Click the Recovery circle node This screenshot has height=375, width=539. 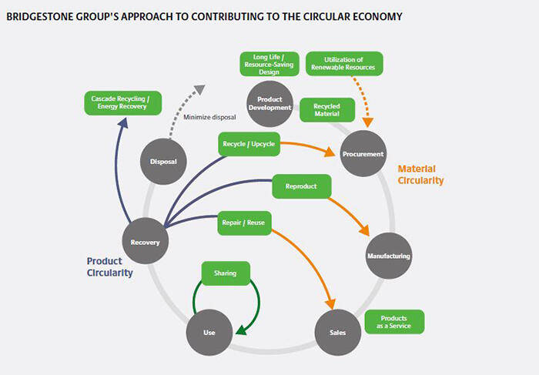(146, 243)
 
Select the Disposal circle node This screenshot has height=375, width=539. (163, 162)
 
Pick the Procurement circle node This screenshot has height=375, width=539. (362, 154)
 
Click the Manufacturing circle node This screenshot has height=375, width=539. (389, 256)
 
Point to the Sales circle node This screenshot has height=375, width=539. (336, 332)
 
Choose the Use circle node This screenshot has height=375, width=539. (209, 333)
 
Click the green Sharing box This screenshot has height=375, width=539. (225, 273)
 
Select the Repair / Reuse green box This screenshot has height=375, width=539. (243, 222)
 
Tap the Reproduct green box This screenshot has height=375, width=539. (301, 186)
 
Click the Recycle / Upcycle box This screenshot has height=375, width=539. (247, 144)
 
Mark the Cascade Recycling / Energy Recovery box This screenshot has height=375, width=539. (122, 103)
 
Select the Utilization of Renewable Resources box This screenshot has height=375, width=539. (344, 64)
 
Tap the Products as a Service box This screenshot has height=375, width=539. (393, 322)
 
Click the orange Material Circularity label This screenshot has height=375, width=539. (420, 174)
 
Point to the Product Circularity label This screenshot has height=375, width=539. (109, 266)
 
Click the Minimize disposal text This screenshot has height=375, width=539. (209, 118)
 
